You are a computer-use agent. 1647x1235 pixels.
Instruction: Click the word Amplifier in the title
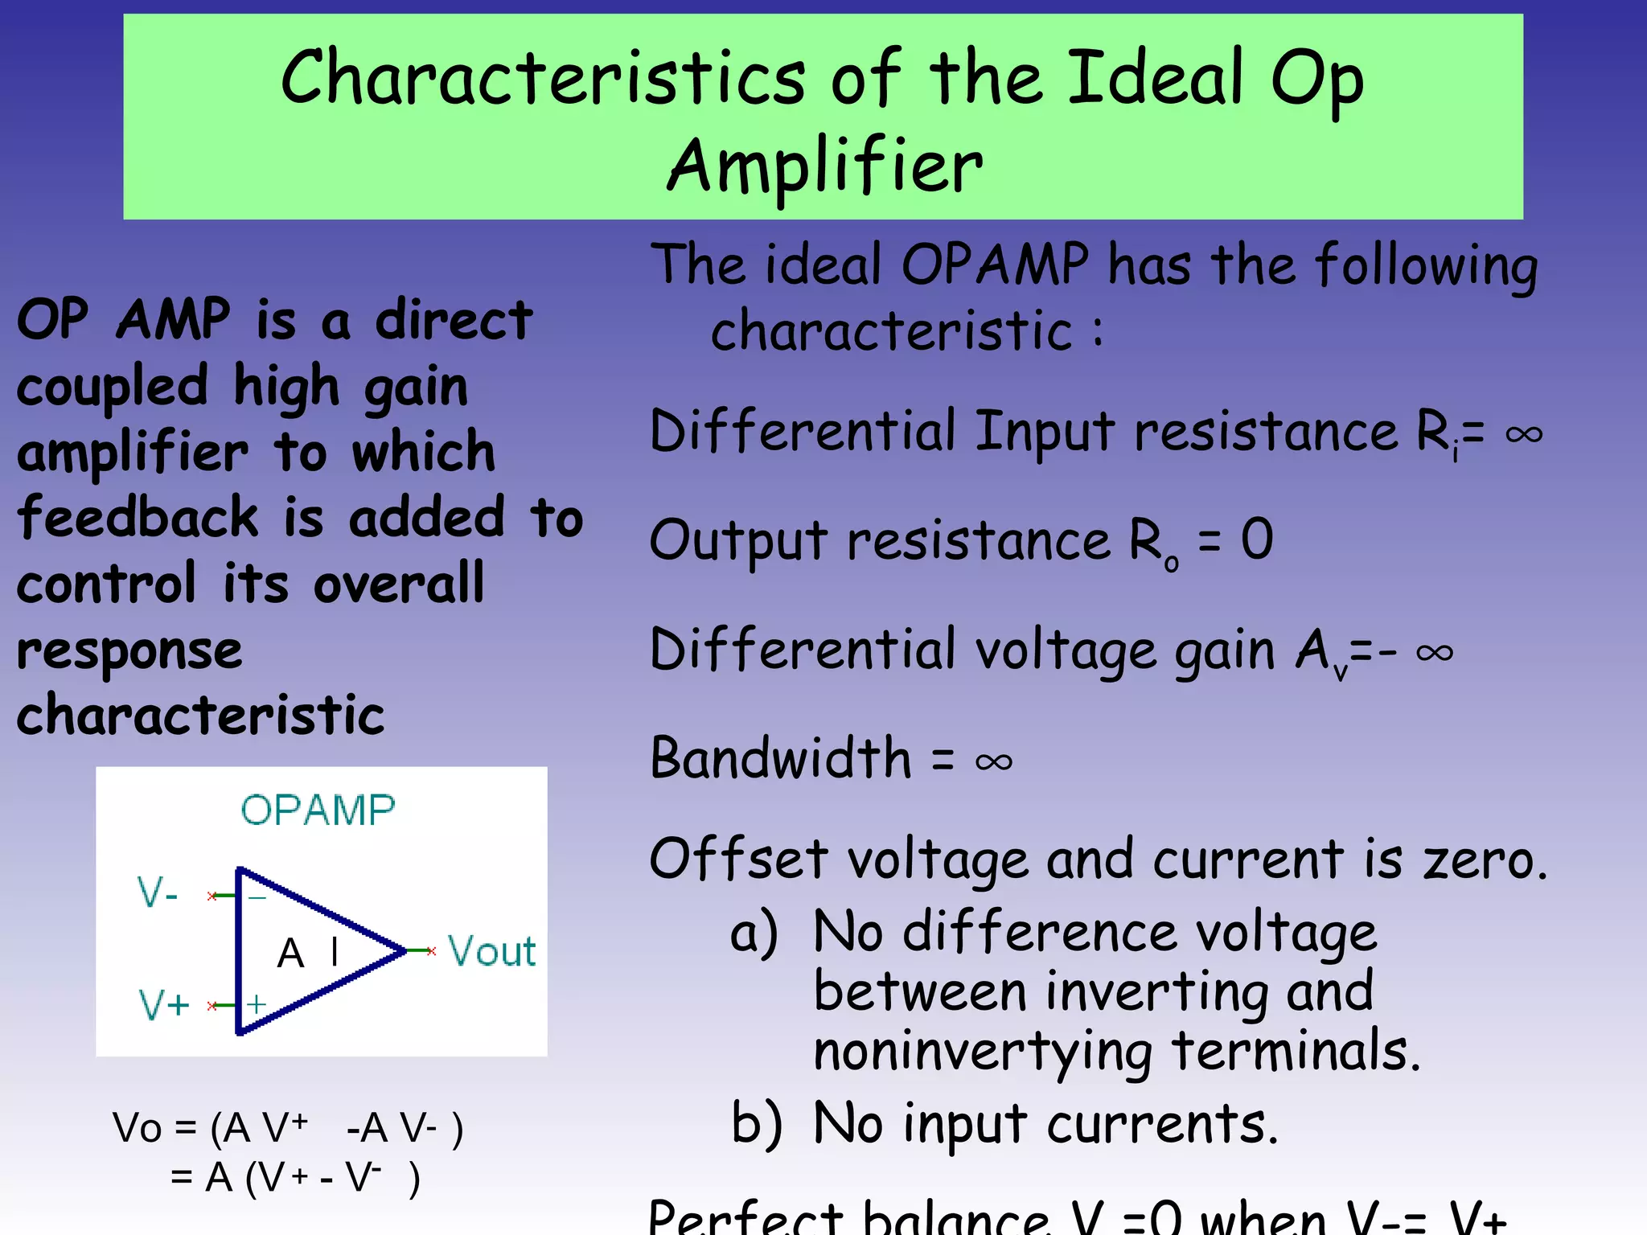click(825, 166)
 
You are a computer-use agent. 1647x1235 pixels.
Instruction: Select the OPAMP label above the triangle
click(318, 810)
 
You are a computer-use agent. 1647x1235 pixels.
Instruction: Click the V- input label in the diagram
click(158, 893)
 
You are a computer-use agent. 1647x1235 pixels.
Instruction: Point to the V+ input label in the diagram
click(164, 1004)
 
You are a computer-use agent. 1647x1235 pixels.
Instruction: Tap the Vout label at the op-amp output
click(491, 951)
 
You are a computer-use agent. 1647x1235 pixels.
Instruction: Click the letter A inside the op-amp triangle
click(290, 954)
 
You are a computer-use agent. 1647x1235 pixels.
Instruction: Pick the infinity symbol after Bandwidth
click(993, 761)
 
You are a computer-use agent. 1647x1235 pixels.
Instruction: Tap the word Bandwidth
click(781, 758)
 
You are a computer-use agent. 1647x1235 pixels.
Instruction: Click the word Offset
click(738, 859)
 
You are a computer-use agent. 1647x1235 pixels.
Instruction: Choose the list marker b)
click(756, 1123)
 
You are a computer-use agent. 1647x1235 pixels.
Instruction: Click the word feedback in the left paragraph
click(138, 517)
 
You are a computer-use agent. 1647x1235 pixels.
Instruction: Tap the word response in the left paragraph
click(129, 650)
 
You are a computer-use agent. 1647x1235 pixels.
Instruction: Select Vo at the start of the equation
click(138, 1127)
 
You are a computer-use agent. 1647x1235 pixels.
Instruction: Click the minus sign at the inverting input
click(257, 897)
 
